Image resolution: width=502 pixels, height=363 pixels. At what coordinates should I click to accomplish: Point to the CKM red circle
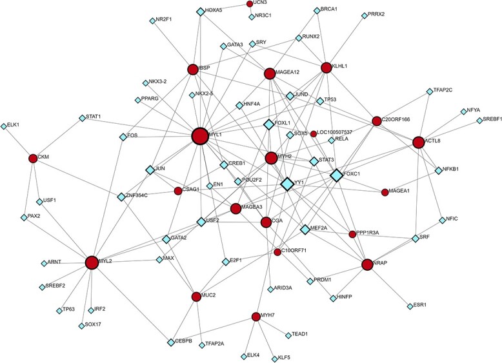33,159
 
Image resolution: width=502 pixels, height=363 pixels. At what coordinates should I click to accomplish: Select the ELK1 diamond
4,125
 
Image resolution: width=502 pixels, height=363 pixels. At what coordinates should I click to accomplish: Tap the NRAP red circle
368,264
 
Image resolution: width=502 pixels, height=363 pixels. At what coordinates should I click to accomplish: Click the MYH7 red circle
256,316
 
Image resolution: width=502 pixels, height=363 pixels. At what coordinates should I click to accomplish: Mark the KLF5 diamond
274,355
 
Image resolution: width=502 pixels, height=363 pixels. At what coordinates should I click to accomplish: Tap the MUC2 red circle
196,297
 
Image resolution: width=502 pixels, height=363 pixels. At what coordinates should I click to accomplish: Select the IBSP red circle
192,69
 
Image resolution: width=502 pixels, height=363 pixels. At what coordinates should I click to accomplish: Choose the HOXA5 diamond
200,11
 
